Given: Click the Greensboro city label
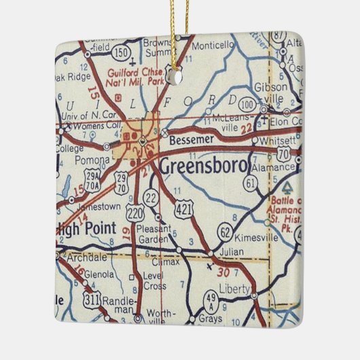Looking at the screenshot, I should [x=204, y=166].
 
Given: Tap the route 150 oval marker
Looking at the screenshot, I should [x=122, y=52].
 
